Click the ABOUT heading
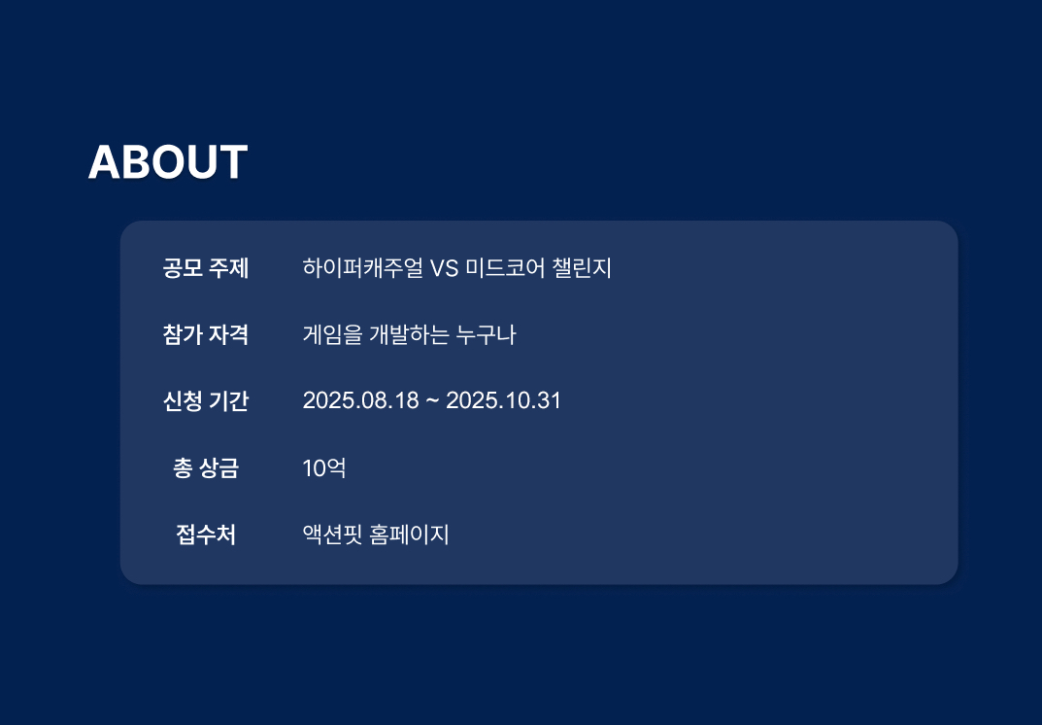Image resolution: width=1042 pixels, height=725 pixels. tap(167, 162)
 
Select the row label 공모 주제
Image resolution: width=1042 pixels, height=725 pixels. tap(205, 268)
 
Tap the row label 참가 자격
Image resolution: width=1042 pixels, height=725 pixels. tap(205, 334)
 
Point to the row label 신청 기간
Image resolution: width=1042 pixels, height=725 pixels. tap(205, 401)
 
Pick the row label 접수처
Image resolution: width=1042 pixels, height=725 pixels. tap(205, 535)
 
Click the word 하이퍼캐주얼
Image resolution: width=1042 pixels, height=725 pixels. tap(362, 268)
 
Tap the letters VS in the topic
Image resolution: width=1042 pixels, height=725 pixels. tap(444, 268)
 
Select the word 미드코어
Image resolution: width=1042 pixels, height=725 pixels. tap(505, 268)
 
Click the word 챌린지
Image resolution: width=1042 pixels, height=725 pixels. tap(582, 268)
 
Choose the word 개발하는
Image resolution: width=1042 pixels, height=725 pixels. tap(409, 334)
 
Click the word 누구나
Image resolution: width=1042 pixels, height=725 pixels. tap(486, 334)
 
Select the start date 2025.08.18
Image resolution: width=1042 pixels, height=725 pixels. tap(361, 400)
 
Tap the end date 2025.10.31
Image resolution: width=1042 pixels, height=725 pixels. tap(503, 400)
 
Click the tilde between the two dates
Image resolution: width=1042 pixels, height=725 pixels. tap(432, 401)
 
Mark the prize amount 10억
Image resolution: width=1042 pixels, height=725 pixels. tap(324, 468)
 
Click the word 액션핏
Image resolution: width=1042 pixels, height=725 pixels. tap(332, 535)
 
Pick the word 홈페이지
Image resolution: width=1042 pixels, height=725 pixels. tap(409, 535)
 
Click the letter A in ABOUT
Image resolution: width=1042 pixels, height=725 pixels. tap(104, 162)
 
